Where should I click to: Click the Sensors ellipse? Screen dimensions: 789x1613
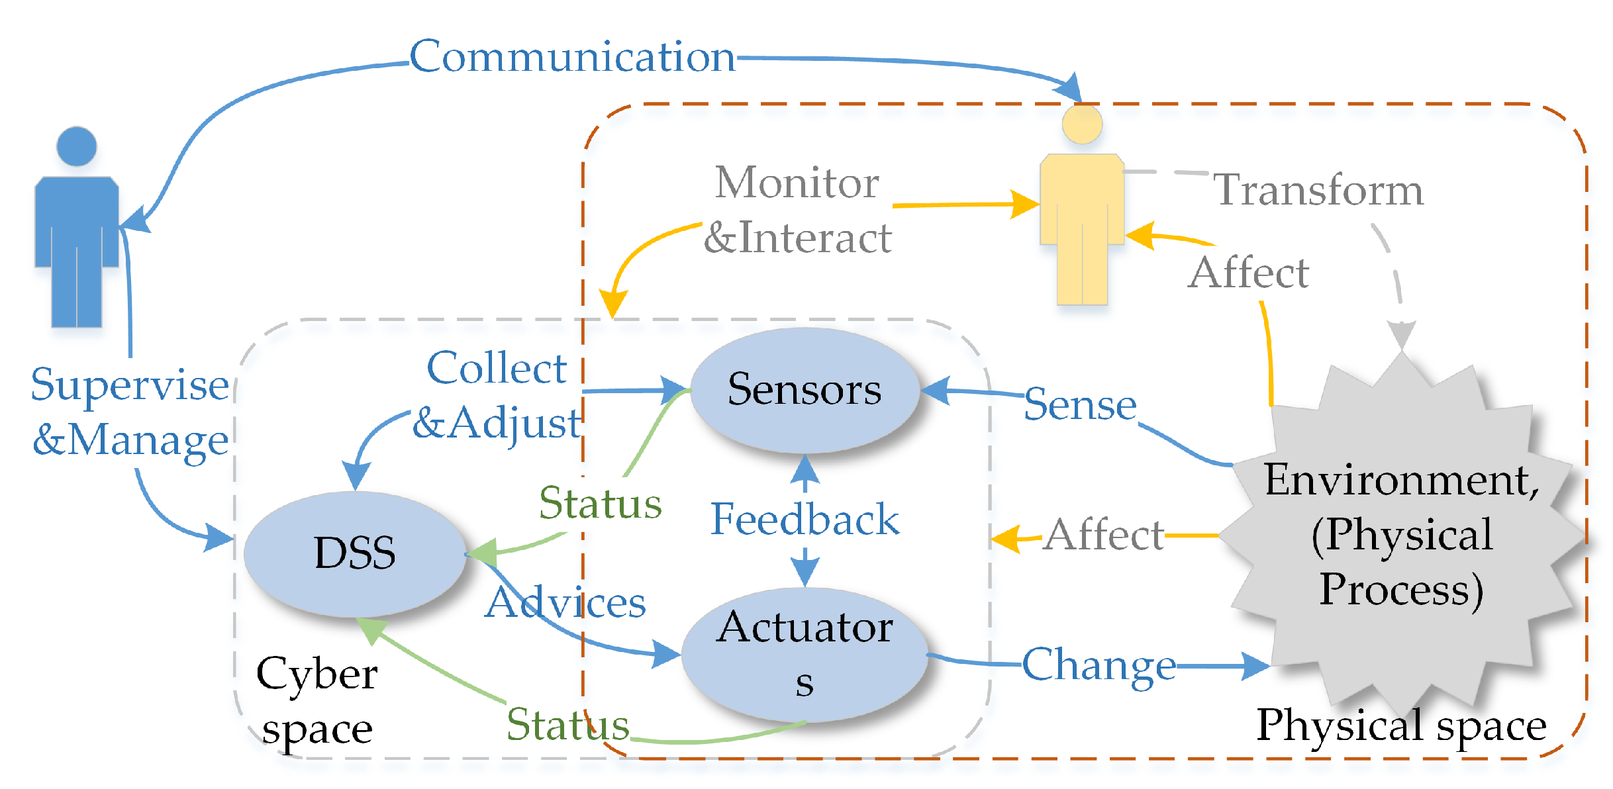click(805, 390)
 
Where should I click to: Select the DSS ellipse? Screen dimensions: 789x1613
click(355, 553)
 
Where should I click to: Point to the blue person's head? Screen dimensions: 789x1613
click(77, 146)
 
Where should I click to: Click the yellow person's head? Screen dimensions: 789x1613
click(1082, 124)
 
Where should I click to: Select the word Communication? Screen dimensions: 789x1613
click(572, 57)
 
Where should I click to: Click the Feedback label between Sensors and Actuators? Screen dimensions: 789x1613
click(805, 520)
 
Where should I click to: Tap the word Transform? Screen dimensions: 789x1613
click(1318, 191)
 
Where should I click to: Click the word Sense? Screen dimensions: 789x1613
click(1080, 405)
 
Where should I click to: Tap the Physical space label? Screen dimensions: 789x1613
click(1401, 725)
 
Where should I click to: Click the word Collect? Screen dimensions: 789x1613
click(497, 368)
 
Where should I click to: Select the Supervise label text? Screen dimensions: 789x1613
click(130, 385)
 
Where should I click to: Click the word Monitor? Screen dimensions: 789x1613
click(797, 183)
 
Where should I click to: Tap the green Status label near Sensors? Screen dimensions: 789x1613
click(600, 503)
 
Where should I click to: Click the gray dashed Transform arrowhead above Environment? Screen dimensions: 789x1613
click(1401, 334)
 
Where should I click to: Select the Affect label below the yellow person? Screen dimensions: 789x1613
click(1248, 273)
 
